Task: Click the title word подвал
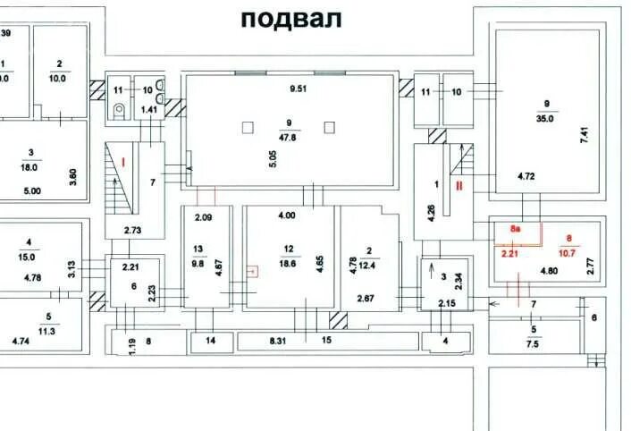290,19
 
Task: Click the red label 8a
516,230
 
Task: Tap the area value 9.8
198,264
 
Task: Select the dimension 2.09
203,218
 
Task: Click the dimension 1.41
150,109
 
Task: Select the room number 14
211,341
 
